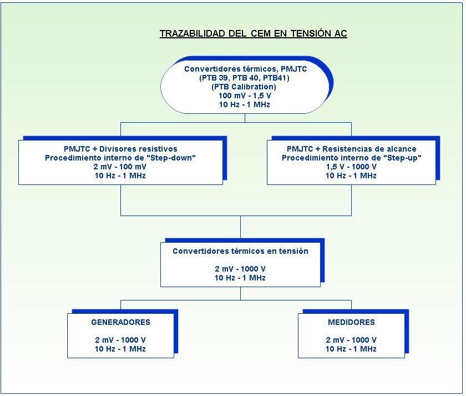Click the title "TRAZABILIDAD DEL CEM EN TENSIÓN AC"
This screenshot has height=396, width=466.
pyautogui.click(x=253, y=34)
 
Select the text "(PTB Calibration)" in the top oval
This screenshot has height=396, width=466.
pyautogui.click(x=244, y=87)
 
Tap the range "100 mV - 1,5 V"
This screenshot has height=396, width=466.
pyautogui.click(x=244, y=96)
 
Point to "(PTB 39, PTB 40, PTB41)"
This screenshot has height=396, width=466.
pyautogui.click(x=244, y=78)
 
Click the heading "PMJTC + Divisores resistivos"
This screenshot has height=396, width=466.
pyautogui.click(x=120, y=149)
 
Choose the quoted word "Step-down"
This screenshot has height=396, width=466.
pyautogui.click(x=176, y=158)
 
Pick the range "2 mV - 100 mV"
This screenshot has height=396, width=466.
pyautogui.click(x=120, y=167)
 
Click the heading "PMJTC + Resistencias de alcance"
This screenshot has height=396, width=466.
pyautogui.click(x=351, y=149)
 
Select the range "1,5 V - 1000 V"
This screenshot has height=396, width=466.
pyautogui.click(x=351, y=167)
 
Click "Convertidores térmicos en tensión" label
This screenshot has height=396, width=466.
pyautogui.click(x=240, y=251)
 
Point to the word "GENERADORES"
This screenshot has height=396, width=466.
pyautogui.click(x=120, y=322)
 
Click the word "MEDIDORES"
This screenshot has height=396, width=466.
pyautogui.click(x=351, y=322)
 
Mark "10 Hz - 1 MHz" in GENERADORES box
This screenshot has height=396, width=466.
pyautogui.click(x=120, y=349)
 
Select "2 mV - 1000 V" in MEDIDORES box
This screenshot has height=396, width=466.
pyautogui.click(x=351, y=340)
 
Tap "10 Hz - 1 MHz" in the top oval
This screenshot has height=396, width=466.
pyautogui.click(x=244, y=104)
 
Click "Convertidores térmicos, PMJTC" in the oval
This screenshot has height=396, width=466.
pyautogui.click(x=244, y=69)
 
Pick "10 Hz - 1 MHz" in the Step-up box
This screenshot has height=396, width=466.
pyautogui.click(x=351, y=176)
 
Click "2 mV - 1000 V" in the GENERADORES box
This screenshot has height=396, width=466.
pyautogui.click(x=120, y=340)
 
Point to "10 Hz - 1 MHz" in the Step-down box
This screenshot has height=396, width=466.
pyautogui.click(x=120, y=176)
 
